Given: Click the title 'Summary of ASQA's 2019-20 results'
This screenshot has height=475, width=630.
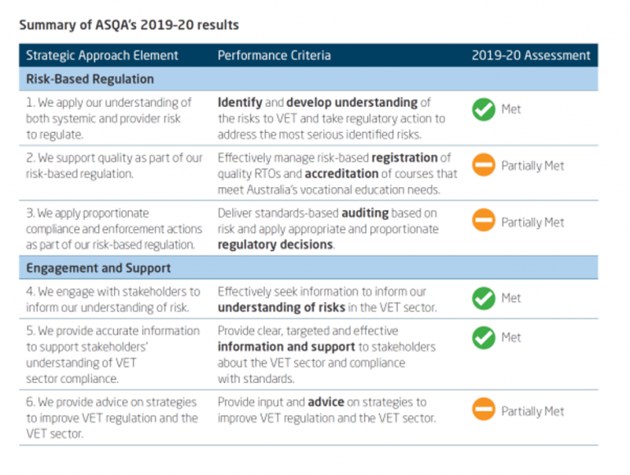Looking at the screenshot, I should (129, 25).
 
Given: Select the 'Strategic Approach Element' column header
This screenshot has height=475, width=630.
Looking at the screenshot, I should (102, 56).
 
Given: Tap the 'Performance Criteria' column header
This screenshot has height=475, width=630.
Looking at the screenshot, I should (274, 56).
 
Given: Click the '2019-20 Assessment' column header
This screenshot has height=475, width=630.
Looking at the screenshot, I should (531, 56).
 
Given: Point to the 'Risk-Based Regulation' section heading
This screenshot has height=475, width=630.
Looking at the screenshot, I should (89, 80).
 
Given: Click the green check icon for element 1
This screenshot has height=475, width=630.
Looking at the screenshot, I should (484, 109).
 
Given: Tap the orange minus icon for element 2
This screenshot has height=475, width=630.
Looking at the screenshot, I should (484, 166).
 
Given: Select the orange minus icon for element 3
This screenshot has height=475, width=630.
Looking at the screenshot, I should (484, 222).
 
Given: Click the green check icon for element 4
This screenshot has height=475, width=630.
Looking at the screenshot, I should (484, 299).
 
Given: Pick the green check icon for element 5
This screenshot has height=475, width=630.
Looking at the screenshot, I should (484, 338).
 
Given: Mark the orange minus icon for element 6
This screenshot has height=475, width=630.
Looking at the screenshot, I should (484, 411).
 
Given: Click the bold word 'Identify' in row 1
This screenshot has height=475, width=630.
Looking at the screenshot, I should (240, 103).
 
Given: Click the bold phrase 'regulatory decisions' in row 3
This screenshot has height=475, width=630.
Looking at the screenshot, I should (275, 244).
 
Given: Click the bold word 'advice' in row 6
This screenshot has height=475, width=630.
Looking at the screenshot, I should (326, 403).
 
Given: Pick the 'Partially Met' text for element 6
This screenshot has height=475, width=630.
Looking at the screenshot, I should (532, 412).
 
